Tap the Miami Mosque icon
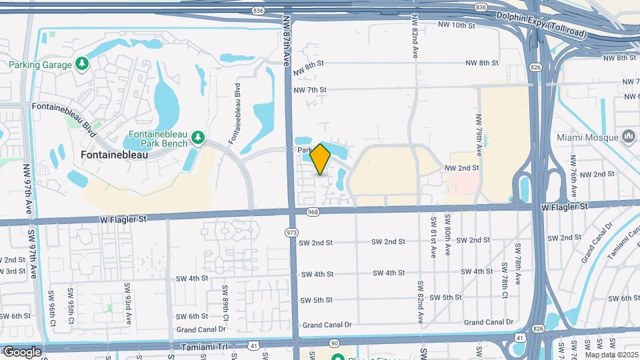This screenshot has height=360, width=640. (x=629, y=137)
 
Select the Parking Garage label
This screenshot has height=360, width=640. (x=40, y=65)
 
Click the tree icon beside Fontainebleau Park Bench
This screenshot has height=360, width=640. (x=197, y=137)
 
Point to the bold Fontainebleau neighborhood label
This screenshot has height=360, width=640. (x=114, y=154)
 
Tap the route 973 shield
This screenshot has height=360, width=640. (x=291, y=233)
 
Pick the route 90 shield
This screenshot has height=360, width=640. (x=335, y=343)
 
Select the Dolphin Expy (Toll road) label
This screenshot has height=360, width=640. (x=541, y=15)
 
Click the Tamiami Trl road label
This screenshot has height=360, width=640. (x=203, y=347)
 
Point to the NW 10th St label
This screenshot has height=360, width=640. (x=457, y=25)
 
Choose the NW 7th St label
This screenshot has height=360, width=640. (x=310, y=89)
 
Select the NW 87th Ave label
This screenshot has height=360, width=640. (x=287, y=40)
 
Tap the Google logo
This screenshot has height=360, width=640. (x=22, y=351)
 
